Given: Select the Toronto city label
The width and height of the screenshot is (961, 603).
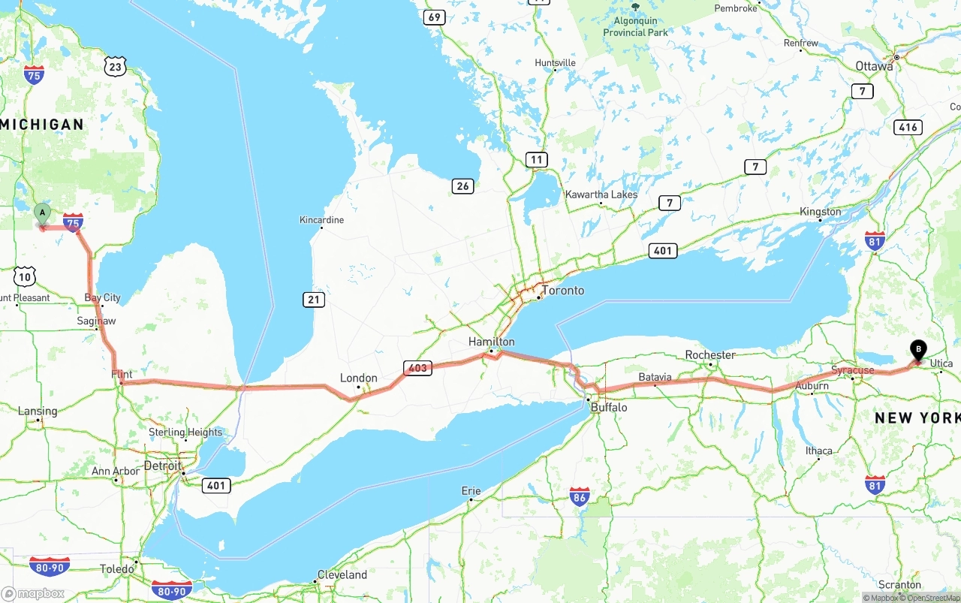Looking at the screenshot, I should coord(562,291).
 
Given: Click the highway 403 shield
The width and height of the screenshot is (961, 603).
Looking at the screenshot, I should coord(417,368).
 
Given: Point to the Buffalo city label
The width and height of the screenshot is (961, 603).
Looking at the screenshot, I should coord(608,407).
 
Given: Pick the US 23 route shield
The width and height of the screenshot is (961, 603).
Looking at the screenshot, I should coord(115,67).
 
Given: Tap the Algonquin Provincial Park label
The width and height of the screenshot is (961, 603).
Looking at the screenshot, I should coord(635,28).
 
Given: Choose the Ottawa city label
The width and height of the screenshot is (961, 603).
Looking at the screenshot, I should coord(874,66).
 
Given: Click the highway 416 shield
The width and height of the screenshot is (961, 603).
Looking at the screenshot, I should coord(908,127).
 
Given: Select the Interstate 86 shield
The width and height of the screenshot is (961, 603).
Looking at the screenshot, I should coord(579,496).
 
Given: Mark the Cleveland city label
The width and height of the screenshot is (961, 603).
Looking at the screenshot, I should coord(342,574).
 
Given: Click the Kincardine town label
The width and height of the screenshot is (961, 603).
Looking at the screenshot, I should coord(321,220).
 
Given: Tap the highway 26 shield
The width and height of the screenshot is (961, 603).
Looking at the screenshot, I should coord(462,185).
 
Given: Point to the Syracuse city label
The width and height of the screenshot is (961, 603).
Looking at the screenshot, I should coord(852,370).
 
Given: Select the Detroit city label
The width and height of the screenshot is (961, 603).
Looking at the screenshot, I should coord(162,466).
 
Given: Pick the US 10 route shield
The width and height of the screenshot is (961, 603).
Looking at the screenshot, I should coord(25,276).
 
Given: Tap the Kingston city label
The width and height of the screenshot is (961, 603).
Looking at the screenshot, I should coord(820,212).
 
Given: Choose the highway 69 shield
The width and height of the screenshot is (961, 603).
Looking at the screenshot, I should coord(434,17).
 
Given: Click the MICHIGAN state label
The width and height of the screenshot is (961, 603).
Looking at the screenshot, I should coord(43,125).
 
